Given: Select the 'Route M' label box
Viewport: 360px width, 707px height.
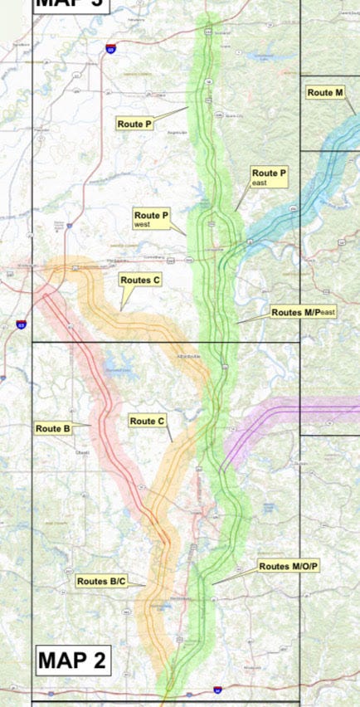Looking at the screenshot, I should (x=325, y=92).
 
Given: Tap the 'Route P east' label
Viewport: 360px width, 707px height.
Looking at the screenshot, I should (x=270, y=177).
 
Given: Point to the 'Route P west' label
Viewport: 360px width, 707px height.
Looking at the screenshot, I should (x=152, y=219).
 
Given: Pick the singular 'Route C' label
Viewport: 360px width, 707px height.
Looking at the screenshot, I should (x=148, y=421).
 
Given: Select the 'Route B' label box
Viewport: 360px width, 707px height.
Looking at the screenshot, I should (x=52, y=428).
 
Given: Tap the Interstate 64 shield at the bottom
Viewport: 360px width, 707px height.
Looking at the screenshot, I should (x=217, y=689).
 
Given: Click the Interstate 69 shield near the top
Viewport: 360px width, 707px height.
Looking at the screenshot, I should (x=110, y=50).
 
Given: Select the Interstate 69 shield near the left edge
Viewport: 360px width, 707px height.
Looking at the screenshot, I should (x=21, y=325).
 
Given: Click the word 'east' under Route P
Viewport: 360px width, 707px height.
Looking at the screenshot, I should (x=259, y=182).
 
